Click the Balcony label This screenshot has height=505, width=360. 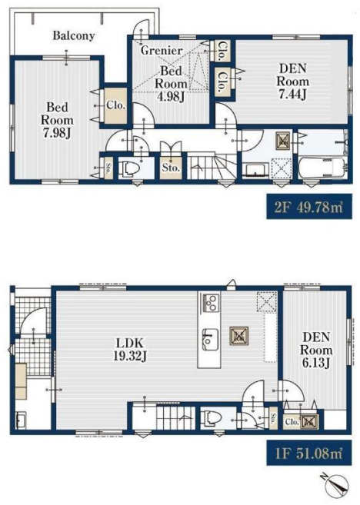[x=74, y=35]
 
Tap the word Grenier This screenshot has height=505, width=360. [x=162, y=50]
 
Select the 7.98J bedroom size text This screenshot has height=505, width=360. [x=57, y=133]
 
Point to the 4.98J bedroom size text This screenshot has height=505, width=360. [x=171, y=96]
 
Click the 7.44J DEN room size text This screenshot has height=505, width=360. [x=292, y=94]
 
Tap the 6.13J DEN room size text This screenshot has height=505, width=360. [x=315, y=363]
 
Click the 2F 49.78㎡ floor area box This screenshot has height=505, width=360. [x=309, y=207]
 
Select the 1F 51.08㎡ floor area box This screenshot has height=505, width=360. [x=309, y=453]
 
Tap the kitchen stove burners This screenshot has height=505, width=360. [x=210, y=303]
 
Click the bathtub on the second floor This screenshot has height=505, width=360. [x=322, y=168]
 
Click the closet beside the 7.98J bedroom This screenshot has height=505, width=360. [x=115, y=105]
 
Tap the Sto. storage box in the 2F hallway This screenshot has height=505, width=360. [x=171, y=168]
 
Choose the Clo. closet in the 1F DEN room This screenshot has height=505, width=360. [x=292, y=421]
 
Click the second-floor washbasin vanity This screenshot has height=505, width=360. [x=255, y=171]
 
